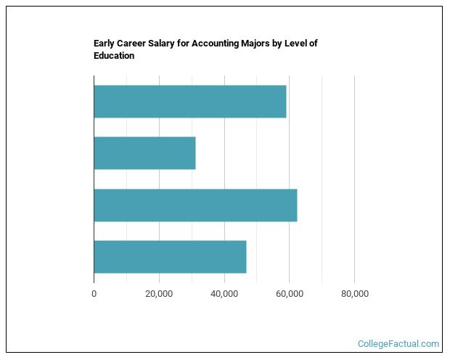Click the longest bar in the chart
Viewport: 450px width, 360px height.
point(195,205)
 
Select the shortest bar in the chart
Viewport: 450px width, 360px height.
point(144,153)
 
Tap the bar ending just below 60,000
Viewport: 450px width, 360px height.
point(189,102)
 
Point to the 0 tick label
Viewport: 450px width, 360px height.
point(94,294)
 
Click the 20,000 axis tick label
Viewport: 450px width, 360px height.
point(159,294)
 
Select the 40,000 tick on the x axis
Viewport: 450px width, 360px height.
point(224,294)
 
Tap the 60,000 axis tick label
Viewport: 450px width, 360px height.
point(290,294)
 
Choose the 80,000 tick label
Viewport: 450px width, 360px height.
point(354,294)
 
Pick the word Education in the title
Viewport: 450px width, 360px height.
point(114,56)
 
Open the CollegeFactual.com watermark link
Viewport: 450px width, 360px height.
point(398,344)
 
